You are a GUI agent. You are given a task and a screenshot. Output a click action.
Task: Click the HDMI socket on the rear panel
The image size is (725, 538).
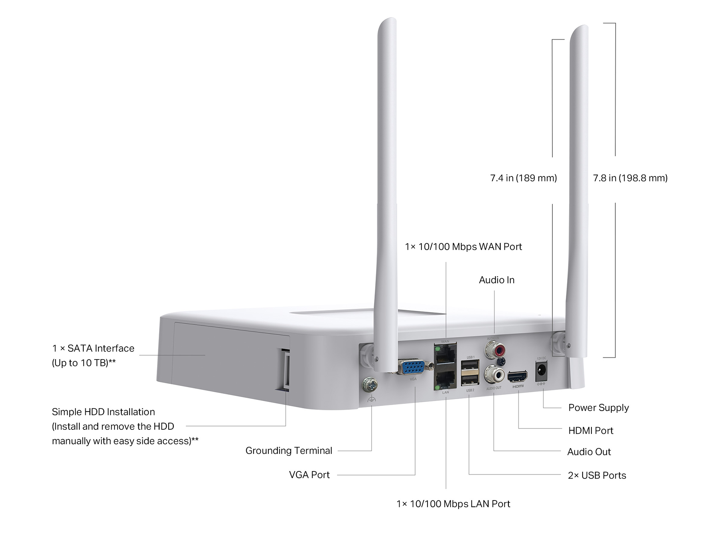[x=518, y=376]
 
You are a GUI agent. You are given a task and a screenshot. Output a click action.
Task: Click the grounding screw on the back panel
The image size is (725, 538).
[x=370, y=385]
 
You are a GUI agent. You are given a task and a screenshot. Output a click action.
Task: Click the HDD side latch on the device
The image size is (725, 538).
[x=286, y=369]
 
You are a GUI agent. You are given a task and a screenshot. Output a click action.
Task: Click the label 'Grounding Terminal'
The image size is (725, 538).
[x=289, y=451]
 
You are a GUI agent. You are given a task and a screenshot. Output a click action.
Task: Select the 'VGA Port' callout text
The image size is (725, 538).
[x=309, y=475]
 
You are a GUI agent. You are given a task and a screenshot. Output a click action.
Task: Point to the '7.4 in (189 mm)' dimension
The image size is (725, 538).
[x=523, y=178]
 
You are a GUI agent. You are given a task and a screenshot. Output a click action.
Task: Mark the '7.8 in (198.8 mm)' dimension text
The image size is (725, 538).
[x=630, y=178]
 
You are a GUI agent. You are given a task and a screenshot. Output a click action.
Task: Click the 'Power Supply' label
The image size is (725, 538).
[x=598, y=407]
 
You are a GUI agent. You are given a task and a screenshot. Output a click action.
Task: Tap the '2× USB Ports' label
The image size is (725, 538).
[x=597, y=475]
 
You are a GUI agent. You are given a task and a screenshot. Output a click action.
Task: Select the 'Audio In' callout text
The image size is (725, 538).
[x=496, y=280]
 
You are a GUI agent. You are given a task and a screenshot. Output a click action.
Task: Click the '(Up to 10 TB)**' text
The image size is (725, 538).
[x=84, y=363]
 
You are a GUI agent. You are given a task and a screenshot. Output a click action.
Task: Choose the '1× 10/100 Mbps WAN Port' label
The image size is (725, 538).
[x=463, y=247]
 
